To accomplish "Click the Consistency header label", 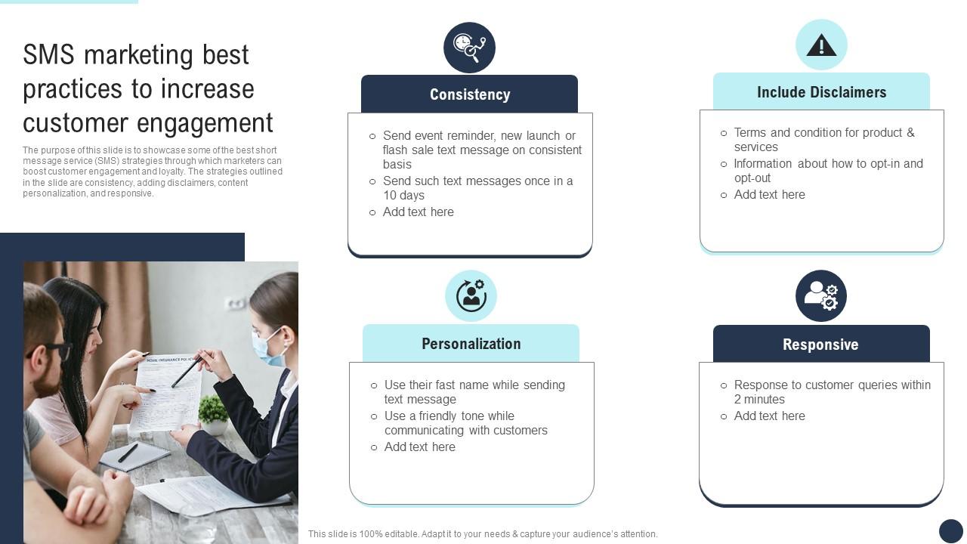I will [x=469, y=94].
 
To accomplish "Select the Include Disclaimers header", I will [x=821, y=92].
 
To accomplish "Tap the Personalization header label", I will [x=471, y=344].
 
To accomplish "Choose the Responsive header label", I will [x=820, y=345].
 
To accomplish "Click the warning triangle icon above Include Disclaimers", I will [x=821, y=46].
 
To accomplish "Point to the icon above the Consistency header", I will [x=469, y=48].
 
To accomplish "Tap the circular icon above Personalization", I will [x=471, y=295].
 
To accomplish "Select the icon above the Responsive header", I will [x=821, y=295].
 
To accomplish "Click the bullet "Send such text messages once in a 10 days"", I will [x=477, y=188].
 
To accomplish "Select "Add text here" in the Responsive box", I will [x=769, y=416].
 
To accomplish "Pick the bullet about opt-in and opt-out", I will [x=828, y=171].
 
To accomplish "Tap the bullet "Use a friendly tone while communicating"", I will [x=465, y=423].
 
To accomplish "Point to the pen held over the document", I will [x=186, y=372].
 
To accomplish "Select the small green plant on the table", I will [x=213, y=410].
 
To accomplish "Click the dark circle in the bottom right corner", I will [x=950, y=530].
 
